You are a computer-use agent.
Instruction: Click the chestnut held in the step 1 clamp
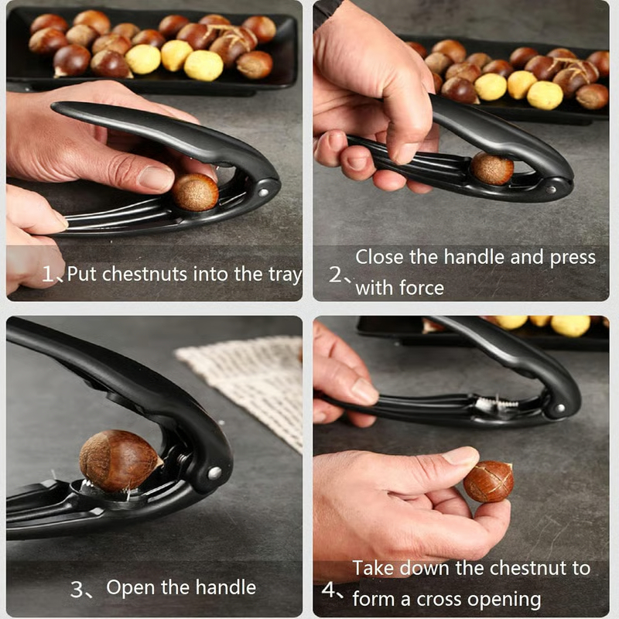[x=195, y=193]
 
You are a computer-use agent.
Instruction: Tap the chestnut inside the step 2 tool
[x=492, y=169]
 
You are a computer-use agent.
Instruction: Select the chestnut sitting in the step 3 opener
[x=119, y=461]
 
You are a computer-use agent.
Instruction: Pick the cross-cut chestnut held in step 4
[x=488, y=481]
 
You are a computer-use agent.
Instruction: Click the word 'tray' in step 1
[x=283, y=273]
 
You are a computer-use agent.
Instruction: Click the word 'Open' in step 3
[x=128, y=587]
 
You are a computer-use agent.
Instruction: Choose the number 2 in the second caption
[x=335, y=274]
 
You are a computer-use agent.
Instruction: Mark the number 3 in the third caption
[x=77, y=590]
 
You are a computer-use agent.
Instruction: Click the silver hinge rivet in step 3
[x=214, y=472]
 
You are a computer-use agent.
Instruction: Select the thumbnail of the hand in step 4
[x=462, y=457]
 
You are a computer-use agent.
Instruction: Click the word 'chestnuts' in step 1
[x=144, y=273]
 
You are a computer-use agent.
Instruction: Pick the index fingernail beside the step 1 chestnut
[x=156, y=179]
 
